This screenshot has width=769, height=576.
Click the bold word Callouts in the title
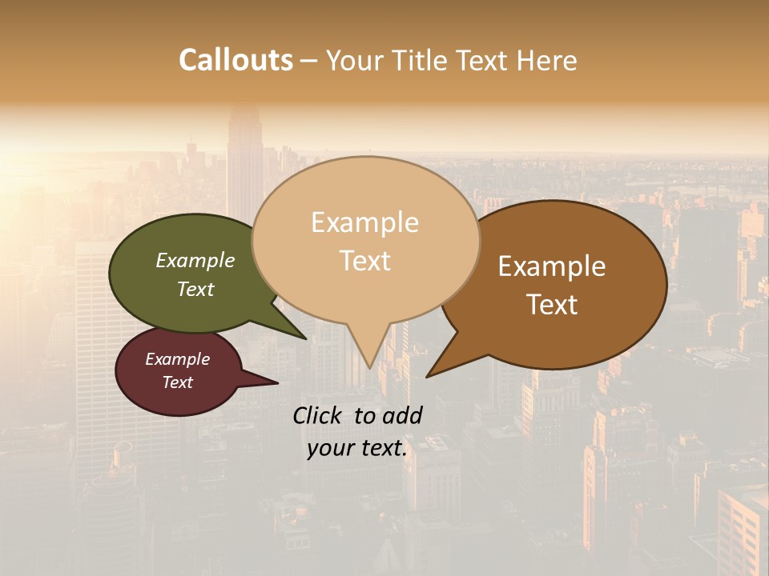[x=236, y=60]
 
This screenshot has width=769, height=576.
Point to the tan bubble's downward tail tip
[x=369, y=367]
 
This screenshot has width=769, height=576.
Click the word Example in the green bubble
[x=195, y=261]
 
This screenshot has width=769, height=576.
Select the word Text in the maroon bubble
[x=177, y=382]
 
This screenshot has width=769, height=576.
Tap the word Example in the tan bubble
[x=364, y=222]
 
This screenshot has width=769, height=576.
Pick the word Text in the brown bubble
[x=553, y=305]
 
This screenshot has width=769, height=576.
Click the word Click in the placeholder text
[x=318, y=415]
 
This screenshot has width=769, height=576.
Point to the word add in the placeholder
[x=401, y=415]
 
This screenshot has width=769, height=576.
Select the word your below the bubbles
[x=331, y=448]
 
